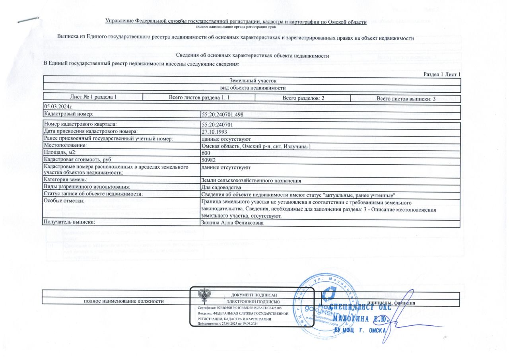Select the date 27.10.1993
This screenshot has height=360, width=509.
pos(215,131)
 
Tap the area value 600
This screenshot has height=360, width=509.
pos(206,153)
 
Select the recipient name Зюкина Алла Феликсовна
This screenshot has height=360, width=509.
pos(233,222)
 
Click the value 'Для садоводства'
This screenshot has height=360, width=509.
pos(221,187)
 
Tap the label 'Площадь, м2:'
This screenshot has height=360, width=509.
pos(60,153)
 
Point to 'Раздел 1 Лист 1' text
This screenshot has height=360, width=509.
pos(442,74)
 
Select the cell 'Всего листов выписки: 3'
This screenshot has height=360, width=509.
pos(406,98)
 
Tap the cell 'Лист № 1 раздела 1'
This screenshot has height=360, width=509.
pos(93,97)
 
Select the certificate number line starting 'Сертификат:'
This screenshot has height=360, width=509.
pos(239,308)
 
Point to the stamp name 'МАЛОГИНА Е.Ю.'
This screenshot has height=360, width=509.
pos(359,319)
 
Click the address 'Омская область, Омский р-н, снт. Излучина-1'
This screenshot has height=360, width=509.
pos(256,146)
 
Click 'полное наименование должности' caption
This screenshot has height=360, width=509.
pos(124,302)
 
